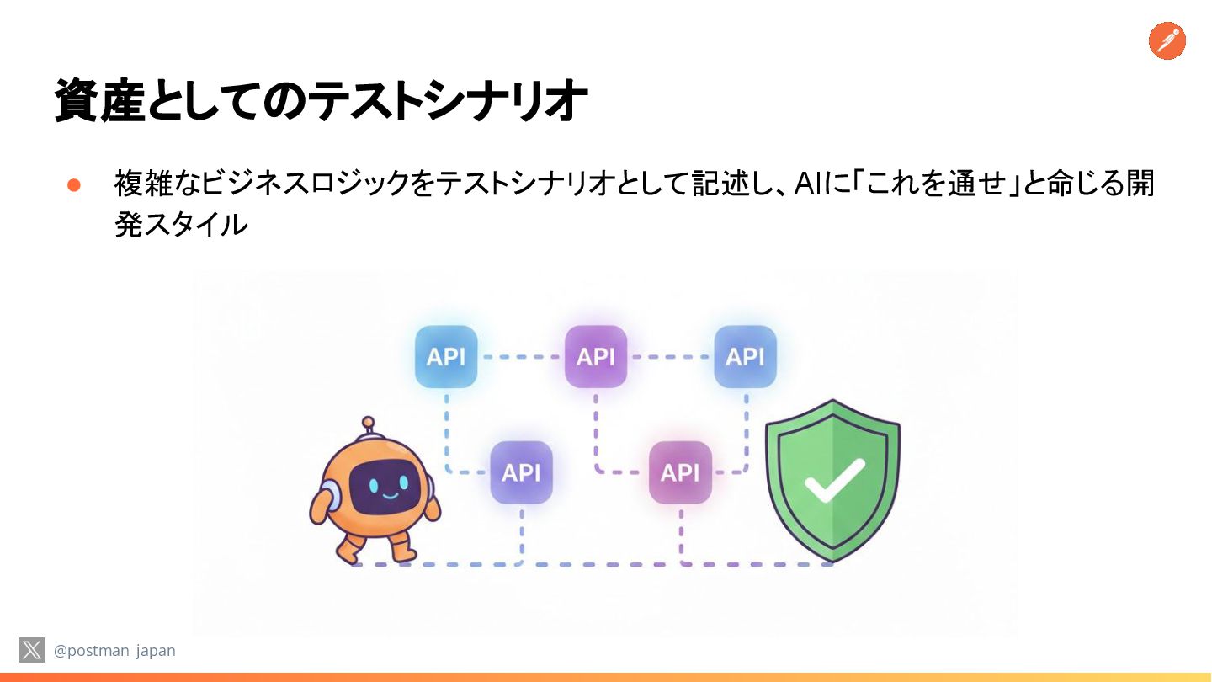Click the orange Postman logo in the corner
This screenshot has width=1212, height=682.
point(1167,41)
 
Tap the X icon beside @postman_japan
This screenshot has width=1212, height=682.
point(32,650)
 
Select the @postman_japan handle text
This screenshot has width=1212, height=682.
point(114,651)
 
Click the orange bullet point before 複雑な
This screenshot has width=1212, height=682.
point(73,185)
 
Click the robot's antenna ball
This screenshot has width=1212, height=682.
point(368,422)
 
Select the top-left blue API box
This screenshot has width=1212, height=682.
point(446,357)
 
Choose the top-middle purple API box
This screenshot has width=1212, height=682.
point(596,357)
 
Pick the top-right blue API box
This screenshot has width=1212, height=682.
point(745,357)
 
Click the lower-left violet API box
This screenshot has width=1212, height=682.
point(521,472)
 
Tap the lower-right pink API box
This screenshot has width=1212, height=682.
point(680,472)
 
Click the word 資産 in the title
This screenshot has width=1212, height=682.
point(100,102)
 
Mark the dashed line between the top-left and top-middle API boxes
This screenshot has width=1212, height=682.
point(521,357)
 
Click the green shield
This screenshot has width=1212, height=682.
point(832,480)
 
